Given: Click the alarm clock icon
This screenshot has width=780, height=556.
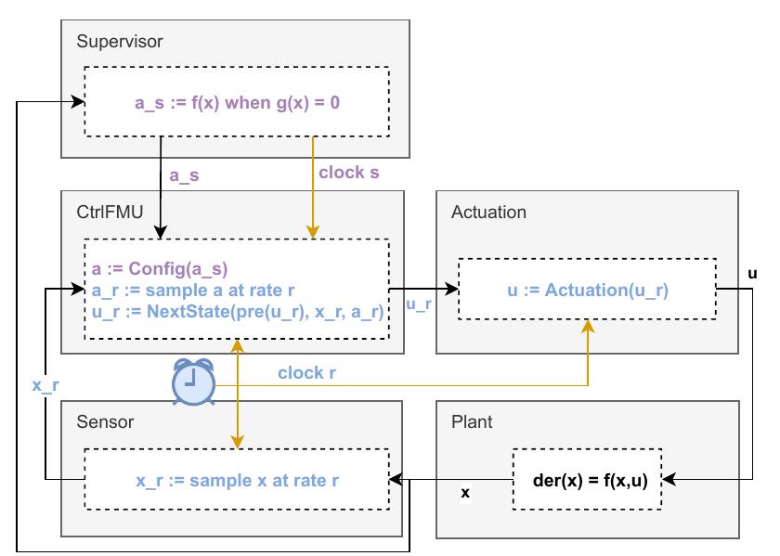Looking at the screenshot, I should (x=194, y=382).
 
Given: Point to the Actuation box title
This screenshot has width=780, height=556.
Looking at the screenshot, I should (x=488, y=213).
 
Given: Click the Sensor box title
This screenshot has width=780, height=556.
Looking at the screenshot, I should (x=105, y=422).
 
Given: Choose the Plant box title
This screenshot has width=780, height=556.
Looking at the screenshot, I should (x=472, y=422).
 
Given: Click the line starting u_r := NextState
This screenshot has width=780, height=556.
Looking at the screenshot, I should (x=238, y=313).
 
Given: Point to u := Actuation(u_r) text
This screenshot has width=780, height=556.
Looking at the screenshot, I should (x=588, y=291).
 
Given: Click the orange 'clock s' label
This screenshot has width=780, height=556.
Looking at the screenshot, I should (x=348, y=172).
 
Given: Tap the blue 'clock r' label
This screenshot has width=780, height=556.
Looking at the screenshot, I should (x=306, y=373).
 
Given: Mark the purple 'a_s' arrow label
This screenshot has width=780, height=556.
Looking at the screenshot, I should (x=185, y=174).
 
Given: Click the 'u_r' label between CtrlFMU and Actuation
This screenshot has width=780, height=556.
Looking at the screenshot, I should (x=421, y=304).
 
